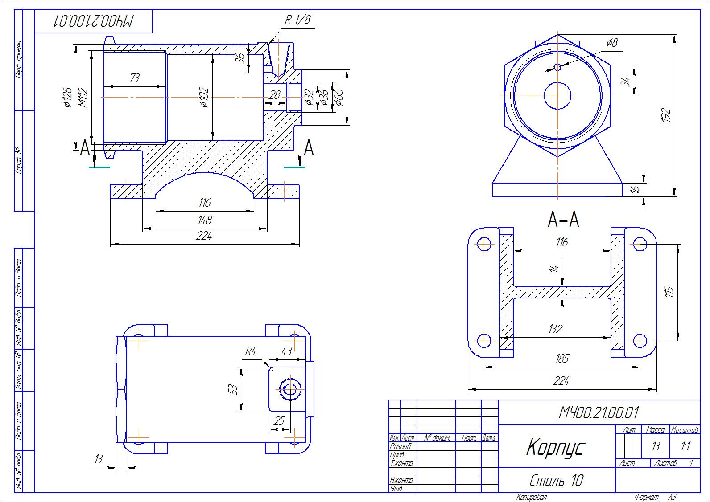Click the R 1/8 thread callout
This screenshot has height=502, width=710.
(297, 20)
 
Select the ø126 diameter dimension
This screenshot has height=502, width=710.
(67, 98)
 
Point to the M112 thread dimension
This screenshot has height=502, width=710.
(83, 98)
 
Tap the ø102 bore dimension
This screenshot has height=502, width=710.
(204, 97)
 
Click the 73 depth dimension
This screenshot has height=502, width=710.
(134, 78)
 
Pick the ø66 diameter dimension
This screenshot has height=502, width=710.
(338, 97)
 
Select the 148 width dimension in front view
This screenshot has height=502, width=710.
(205, 220)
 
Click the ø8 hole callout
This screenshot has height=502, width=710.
(612, 43)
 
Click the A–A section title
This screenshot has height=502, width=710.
(563, 220)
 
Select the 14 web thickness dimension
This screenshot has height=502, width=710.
(554, 269)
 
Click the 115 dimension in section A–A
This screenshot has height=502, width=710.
(669, 292)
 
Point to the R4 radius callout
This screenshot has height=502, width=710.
(251, 351)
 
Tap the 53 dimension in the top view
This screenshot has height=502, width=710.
(233, 389)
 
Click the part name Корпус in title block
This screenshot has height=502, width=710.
(555, 447)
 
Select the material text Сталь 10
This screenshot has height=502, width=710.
(556, 480)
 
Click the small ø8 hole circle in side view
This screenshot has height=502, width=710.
(557, 67)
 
